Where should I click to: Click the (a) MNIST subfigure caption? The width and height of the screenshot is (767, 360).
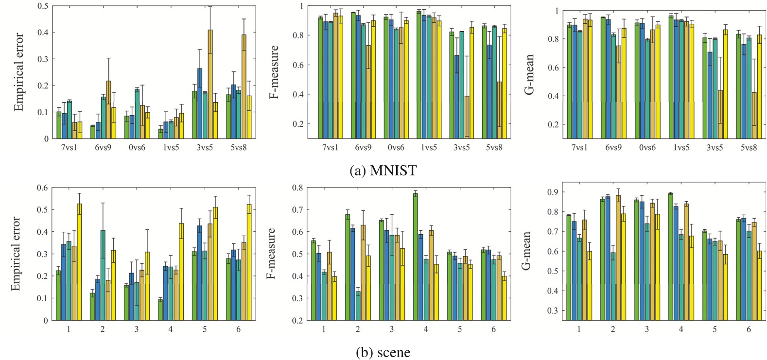click(383, 171)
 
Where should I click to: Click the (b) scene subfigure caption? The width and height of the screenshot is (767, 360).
click(383, 352)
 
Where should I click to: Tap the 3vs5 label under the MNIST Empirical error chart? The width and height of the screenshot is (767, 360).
click(204, 147)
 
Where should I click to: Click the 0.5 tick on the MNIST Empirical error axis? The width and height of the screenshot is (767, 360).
click(43, 6)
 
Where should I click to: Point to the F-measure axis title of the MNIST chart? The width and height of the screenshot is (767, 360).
click(274, 72)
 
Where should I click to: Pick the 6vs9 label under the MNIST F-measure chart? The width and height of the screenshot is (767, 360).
click(363, 147)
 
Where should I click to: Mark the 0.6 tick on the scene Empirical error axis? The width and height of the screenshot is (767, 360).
click(43, 188)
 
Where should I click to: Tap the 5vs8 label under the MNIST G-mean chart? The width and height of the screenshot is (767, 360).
click(749, 147)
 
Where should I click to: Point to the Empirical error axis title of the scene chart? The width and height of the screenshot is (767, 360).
click(16, 253)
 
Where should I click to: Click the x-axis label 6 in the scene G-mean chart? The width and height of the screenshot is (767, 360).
click(749, 329)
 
